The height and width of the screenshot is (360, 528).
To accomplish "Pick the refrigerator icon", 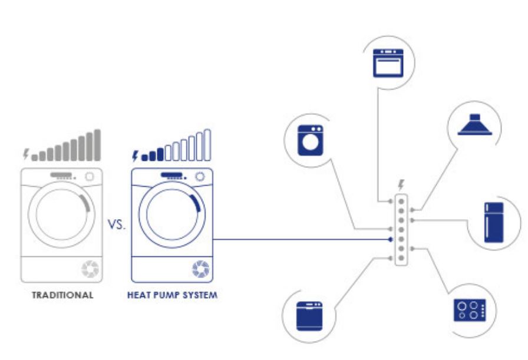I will [x=494, y=223].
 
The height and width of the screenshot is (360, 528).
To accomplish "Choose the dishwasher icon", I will [x=309, y=317].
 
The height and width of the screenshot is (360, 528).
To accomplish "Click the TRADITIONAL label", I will [x=63, y=295].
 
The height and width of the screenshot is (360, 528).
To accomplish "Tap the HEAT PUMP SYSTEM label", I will [x=172, y=295].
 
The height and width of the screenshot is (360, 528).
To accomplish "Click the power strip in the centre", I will [x=401, y=229].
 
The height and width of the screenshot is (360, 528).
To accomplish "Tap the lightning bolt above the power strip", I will [x=401, y=184].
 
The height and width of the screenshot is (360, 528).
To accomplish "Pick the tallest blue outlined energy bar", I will [x=207, y=144].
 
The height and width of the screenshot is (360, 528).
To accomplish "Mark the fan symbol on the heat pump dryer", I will [x=200, y=269].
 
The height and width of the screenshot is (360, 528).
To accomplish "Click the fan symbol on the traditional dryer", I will [x=90, y=269].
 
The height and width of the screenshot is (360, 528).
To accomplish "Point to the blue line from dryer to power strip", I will [x=301, y=240].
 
